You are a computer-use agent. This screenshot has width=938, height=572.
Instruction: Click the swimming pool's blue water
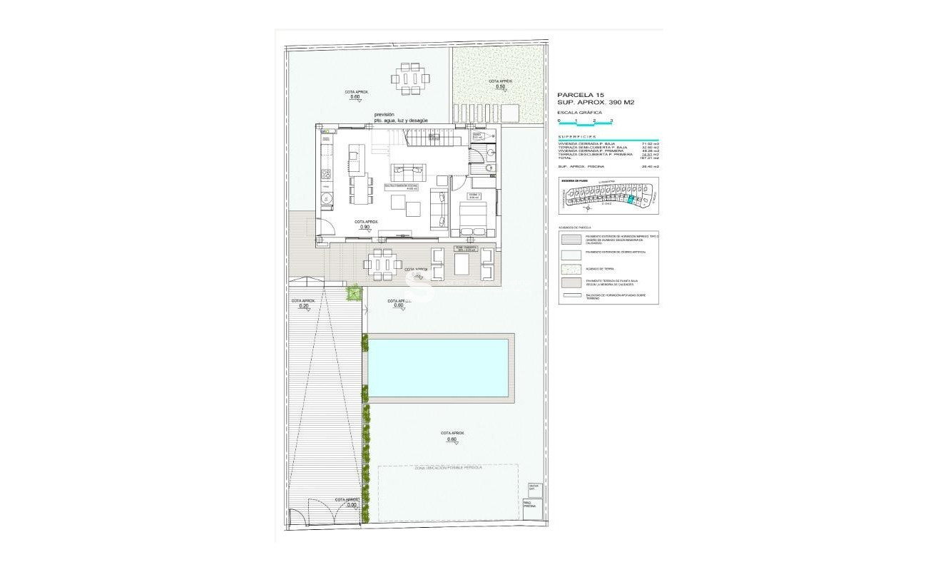438,367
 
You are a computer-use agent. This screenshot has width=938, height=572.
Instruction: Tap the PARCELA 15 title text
581,94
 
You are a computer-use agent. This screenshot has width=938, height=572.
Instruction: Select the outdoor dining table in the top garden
411,78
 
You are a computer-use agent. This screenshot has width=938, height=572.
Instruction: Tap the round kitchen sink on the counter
326,198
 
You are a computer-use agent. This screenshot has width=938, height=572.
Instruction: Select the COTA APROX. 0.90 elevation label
366,224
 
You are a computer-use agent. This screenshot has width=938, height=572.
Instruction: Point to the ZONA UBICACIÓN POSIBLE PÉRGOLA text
448,468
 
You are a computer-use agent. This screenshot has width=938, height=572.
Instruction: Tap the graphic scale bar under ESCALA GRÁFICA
585,124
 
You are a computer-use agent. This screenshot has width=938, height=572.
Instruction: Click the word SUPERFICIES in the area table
577,136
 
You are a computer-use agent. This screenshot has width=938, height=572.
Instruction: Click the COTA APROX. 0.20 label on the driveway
304,303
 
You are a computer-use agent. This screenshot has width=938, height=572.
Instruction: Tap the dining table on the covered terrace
383,264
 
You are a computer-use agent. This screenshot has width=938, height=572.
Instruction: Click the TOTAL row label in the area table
565,158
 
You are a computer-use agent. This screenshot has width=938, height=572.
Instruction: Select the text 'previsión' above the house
384,115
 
